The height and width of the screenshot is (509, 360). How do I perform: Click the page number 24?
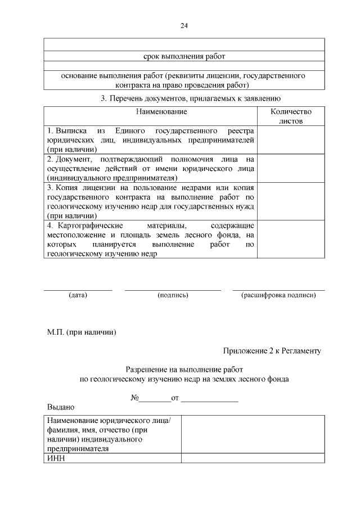click(x=184, y=26)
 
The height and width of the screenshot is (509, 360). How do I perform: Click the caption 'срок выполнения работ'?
click(x=184, y=56)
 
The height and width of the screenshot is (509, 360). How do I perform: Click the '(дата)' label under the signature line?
click(x=78, y=295)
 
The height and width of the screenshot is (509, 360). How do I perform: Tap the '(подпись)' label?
click(x=173, y=295)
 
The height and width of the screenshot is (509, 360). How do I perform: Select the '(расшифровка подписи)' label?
click(x=278, y=295)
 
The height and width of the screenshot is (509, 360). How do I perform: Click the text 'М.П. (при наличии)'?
click(x=82, y=332)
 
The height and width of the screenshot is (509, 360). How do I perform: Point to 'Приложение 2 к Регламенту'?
click(x=272, y=351)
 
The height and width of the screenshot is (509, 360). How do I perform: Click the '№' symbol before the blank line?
click(x=134, y=398)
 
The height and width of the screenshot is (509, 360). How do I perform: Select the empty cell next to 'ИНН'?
click(x=252, y=458)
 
